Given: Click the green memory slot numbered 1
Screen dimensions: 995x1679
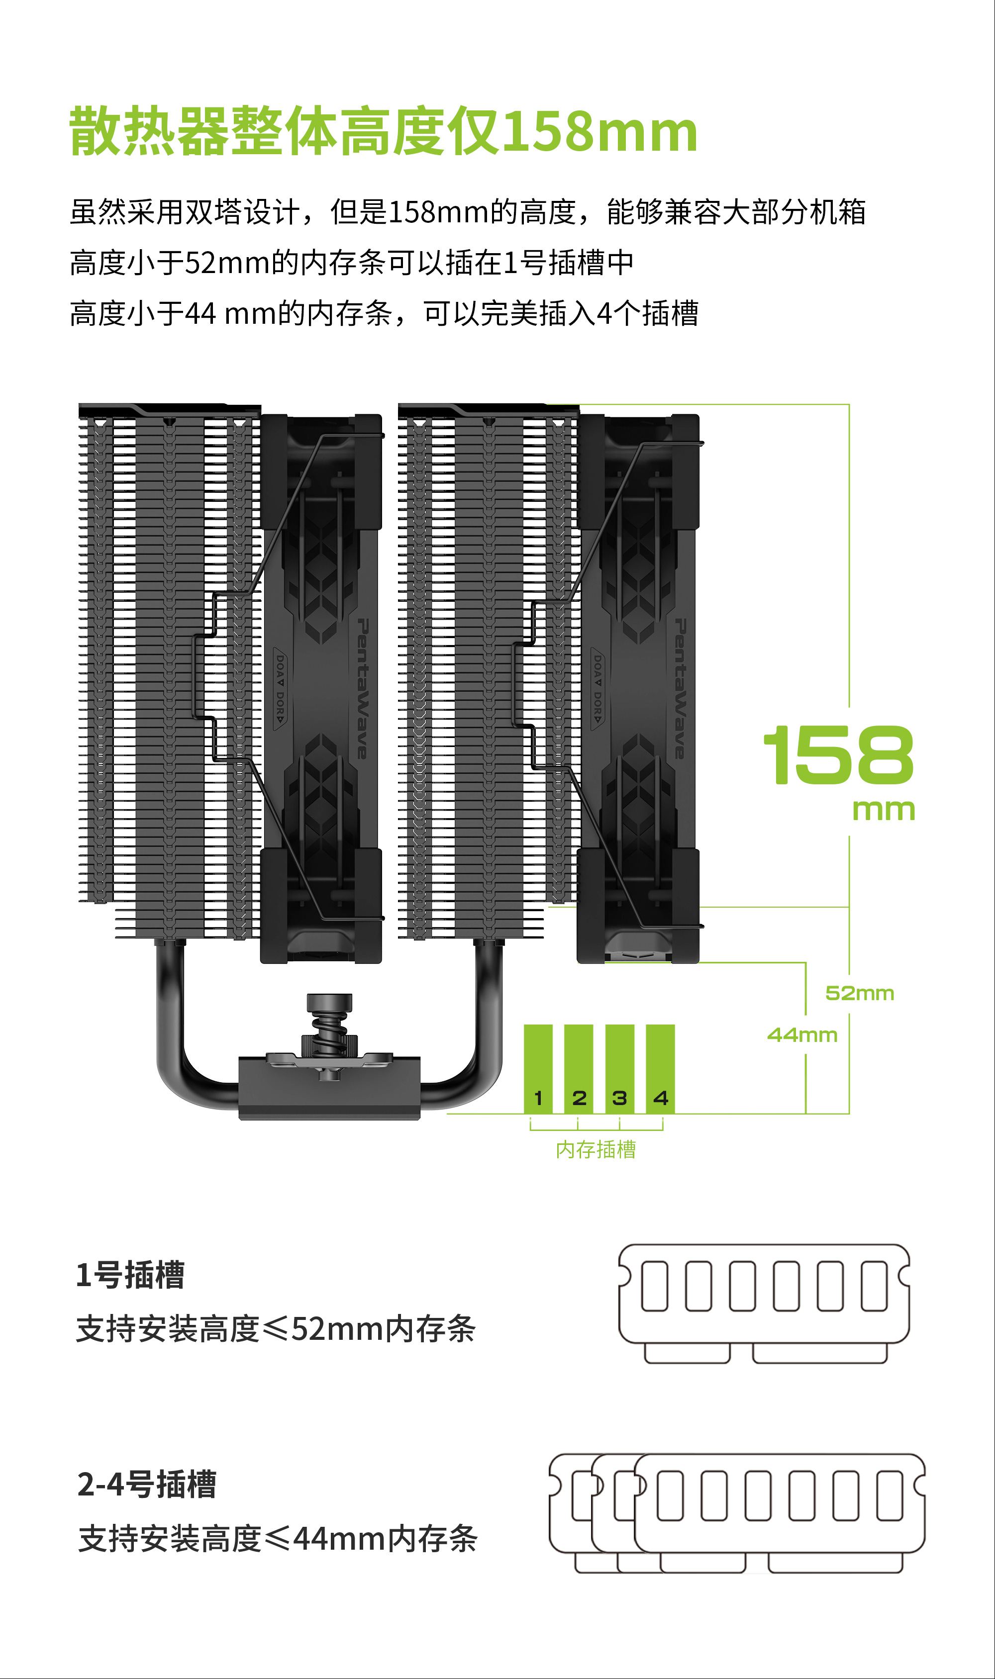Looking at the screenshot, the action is [538, 1069].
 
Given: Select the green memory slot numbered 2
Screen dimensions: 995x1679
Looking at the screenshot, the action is [579, 1069].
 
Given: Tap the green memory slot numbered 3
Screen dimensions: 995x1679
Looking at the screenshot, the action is [619, 1069].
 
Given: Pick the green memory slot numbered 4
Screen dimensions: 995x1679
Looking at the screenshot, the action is [660, 1069].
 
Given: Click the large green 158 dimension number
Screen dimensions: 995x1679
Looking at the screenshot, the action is [839, 755].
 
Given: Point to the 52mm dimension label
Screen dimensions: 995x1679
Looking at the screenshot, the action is [860, 993].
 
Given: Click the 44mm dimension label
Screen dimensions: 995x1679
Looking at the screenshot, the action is [802, 1035].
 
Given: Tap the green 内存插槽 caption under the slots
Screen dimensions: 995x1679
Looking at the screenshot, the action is [596, 1149].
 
